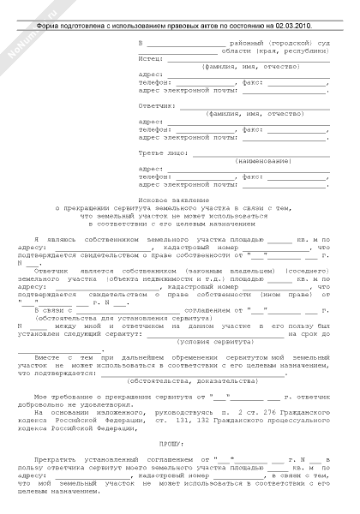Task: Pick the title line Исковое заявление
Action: [179, 199]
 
